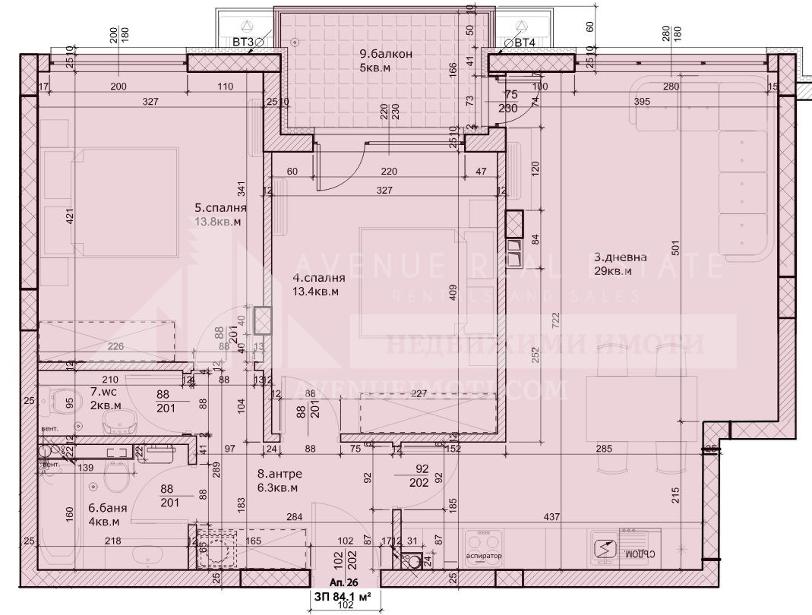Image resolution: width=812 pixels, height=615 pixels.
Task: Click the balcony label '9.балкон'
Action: click(386, 54)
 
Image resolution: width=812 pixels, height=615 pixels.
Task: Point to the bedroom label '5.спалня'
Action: click(221, 207)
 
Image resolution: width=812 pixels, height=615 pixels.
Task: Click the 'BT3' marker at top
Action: click(243, 43)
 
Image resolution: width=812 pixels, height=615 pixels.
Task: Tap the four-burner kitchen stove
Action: click(484, 545)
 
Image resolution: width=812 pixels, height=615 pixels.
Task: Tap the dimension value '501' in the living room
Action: click(674, 245)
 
